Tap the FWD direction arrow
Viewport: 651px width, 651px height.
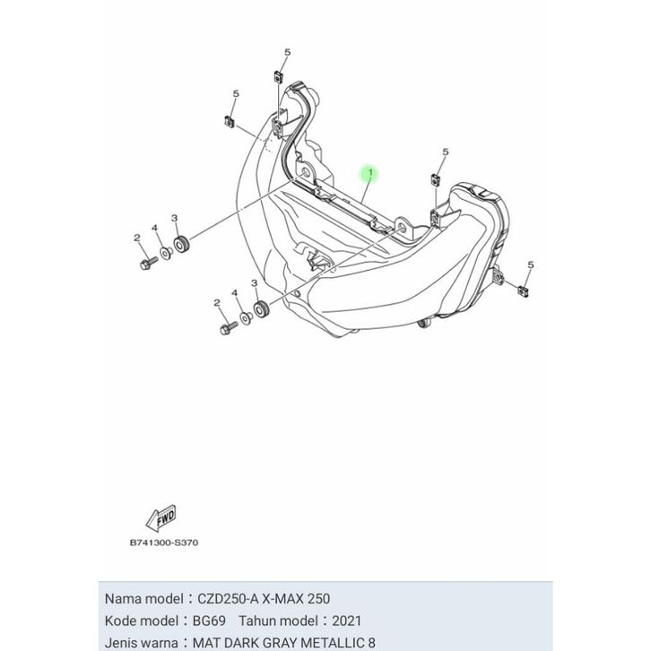tap(163, 516)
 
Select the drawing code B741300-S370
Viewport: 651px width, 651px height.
tap(165, 542)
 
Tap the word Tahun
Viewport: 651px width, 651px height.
tap(259, 620)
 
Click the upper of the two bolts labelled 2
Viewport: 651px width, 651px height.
tap(144, 264)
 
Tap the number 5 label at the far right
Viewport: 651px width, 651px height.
tap(531, 265)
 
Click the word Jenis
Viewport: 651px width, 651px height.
tap(123, 642)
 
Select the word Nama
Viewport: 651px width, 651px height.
tap(125, 598)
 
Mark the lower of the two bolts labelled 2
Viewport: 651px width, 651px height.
tap(223, 328)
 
